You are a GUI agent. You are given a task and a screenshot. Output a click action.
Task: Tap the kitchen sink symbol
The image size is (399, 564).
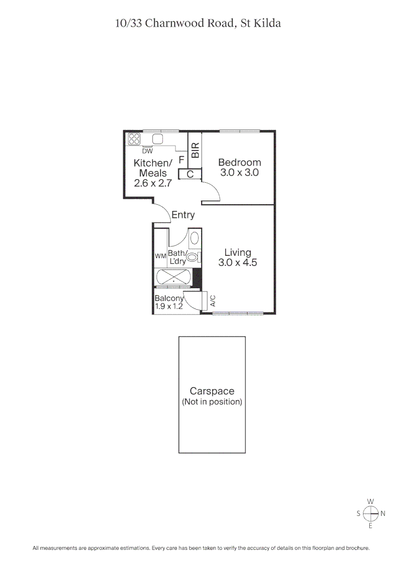click(x=157, y=139)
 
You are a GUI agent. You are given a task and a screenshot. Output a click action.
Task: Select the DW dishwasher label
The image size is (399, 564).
click(x=147, y=151)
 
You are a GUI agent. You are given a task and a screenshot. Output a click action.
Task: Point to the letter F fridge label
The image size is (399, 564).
click(x=181, y=160)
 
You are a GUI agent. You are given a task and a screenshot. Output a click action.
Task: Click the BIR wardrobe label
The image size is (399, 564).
click(x=195, y=151)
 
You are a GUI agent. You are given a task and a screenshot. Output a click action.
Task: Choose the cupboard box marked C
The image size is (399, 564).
click(x=191, y=174)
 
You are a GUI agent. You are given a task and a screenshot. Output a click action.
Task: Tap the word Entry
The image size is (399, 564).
click(x=183, y=215)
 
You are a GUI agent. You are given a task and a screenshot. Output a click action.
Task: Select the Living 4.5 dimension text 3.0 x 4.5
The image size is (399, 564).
click(x=238, y=263)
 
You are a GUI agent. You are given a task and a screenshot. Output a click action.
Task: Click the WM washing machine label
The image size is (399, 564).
click(x=160, y=256)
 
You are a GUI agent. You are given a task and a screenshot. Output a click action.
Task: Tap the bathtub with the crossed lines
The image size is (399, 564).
click(x=173, y=277)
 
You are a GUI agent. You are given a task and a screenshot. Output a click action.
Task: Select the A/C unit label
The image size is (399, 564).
click(x=213, y=300)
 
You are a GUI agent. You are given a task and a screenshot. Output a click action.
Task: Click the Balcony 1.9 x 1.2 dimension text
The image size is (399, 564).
click(x=169, y=307)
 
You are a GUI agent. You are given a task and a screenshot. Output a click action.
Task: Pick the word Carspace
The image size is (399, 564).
click(x=212, y=391)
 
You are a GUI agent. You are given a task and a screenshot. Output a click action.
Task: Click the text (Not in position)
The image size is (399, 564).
click(x=212, y=402)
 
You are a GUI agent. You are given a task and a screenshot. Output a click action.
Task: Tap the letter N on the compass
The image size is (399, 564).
click(x=383, y=513)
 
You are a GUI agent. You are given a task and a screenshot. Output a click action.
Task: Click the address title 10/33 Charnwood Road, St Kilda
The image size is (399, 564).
click(x=198, y=23)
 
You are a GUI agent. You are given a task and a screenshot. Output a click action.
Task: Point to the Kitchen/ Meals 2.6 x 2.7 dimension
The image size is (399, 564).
click(x=153, y=183)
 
